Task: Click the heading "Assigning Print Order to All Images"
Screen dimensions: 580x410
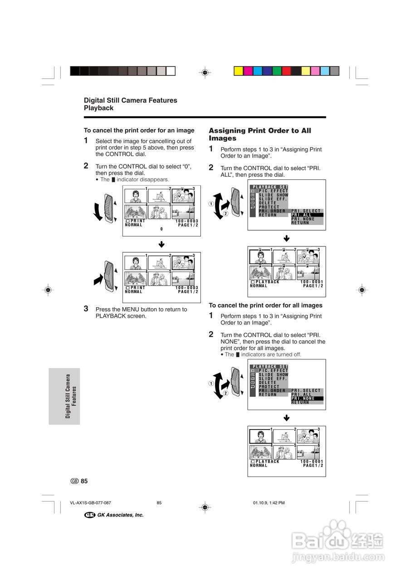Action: coord(260,134)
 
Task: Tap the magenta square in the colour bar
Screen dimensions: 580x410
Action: coord(248,71)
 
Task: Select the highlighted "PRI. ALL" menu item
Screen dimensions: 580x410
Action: coord(307,215)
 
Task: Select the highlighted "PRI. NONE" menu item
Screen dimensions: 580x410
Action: coord(307,398)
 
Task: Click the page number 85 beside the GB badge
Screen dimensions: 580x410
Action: coord(84,481)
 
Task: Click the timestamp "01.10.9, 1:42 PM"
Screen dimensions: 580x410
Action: coord(268,503)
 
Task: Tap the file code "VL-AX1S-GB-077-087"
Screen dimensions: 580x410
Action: coord(91,503)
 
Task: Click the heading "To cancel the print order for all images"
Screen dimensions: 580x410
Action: coord(265,305)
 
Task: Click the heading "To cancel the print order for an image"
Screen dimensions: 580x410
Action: coord(139,130)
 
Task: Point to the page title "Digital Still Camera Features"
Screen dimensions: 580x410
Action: coord(131,100)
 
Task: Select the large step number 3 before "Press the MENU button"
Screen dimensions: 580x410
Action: coord(86,309)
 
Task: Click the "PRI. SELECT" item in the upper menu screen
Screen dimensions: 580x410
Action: coord(306,211)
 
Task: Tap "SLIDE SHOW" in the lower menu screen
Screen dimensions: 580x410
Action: coord(273,375)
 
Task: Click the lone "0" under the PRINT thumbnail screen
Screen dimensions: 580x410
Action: coord(161,229)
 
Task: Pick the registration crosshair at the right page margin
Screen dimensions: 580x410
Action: coord(361,290)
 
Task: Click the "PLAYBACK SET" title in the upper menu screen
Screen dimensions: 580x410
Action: coord(270,187)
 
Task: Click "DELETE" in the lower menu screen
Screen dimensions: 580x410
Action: coord(268,382)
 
